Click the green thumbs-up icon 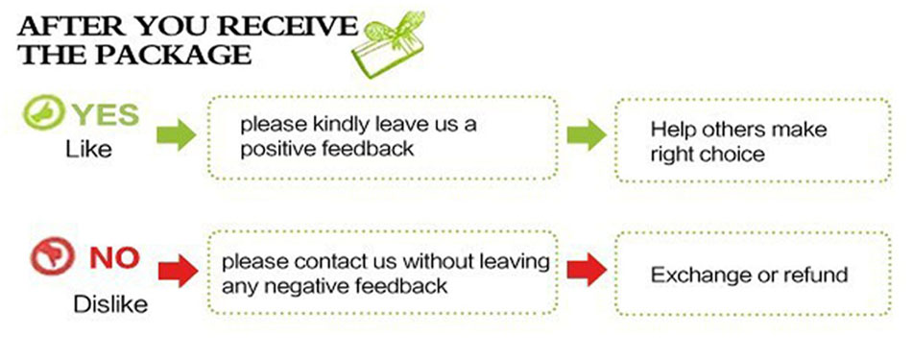pyautogui.click(x=42, y=111)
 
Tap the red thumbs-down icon pyautogui.click(x=53, y=257)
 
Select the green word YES pyautogui.click(x=106, y=115)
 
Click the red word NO pyautogui.click(x=114, y=258)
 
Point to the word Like pyautogui.click(x=87, y=150)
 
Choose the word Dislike pyautogui.click(x=110, y=304)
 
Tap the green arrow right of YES pyautogui.click(x=177, y=136)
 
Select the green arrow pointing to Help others pyautogui.click(x=587, y=135)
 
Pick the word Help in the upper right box pyautogui.click(x=673, y=129)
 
